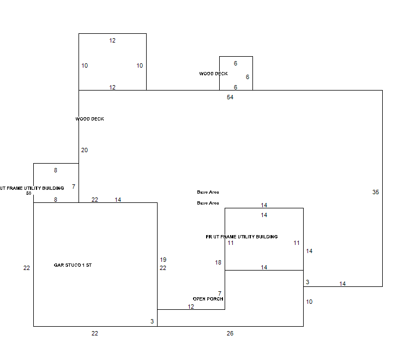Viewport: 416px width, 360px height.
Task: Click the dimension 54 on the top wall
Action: click(x=230, y=97)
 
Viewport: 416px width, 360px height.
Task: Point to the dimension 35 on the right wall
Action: click(x=376, y=192)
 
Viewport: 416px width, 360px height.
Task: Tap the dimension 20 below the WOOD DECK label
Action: click(x=85, y=150)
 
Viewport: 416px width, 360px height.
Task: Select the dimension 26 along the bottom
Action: click(x=230, y=333)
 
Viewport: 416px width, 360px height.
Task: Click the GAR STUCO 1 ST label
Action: click(x=73, y=265)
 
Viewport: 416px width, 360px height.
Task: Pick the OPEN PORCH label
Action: click(x=208, y=299)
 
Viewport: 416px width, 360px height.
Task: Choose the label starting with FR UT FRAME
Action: click(x=242, y=237)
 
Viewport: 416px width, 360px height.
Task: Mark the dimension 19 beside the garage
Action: click(x=163, y=260)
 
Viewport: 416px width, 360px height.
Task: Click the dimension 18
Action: click(x=218, y=262)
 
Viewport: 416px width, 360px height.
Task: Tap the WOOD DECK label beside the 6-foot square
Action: click(x=213, y=74)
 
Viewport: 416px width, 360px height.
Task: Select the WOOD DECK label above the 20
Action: click(x=89, y=119)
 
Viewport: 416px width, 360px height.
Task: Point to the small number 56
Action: click(x=29, y=193)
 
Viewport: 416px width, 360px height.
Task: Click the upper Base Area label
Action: click(x=208, y=192)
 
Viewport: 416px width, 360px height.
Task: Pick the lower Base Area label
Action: click(x=208, y=203)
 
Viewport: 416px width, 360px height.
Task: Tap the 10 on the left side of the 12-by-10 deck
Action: click(x=85, y=65)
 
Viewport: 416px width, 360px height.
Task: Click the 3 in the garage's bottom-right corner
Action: click(x=152, y=321)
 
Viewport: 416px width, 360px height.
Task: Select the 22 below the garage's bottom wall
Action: click(x=95, y=333)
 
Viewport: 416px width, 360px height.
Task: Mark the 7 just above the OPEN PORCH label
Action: click(x=220, y=293)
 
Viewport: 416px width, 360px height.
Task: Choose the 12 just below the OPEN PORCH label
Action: click(x=191, y=307)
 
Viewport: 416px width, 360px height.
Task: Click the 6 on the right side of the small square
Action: click(x=248, y=77)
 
